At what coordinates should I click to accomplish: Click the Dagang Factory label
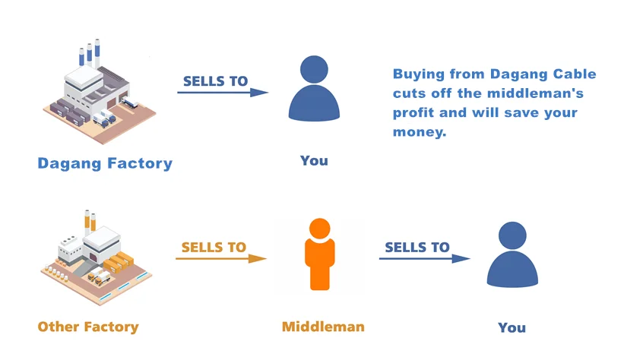click(x=105, y=163)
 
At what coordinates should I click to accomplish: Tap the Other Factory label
click(x=88, y=327)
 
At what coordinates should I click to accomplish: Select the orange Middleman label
click(x=323, y=327)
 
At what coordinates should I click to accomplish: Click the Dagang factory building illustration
click(x=99, y=95)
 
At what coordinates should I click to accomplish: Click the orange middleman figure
click(x=320, y=254)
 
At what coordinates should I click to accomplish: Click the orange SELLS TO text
click(x=214, y=247)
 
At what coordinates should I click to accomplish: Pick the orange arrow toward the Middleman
click(x=220, y=259)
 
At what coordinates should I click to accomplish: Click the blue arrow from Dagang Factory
click(x=223, y=93)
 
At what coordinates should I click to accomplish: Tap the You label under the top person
click(x=314, y=160)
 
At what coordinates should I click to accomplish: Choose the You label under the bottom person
click(x=512, y=327)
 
